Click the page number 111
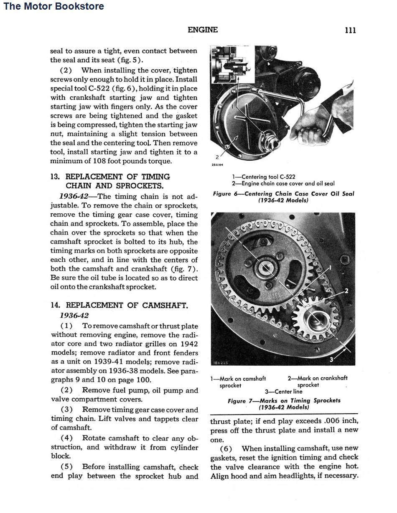350,30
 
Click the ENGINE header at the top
203,30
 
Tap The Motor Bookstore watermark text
53,6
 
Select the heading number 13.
55,177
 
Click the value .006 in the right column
320,421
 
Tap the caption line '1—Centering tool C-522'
264,177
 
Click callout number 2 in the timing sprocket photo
346,291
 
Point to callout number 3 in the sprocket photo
332,359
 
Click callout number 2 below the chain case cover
217,157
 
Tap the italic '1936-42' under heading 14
74,316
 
